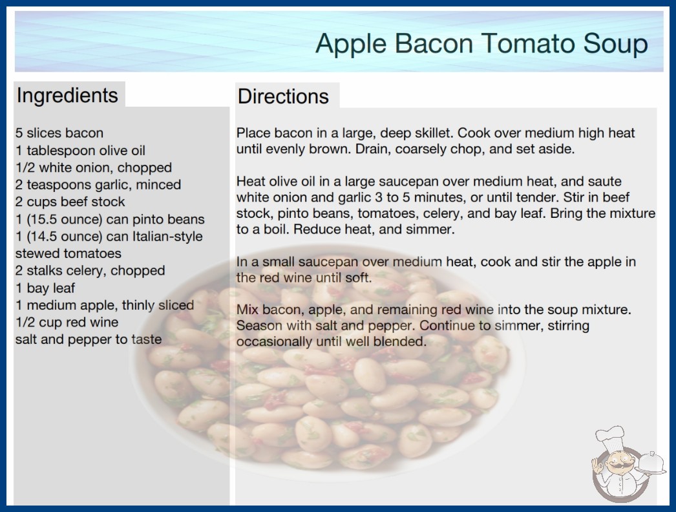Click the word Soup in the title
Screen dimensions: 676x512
pos(615,44)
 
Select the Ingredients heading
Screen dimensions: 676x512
pos(67,96)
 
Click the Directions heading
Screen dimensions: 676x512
pos(283,96)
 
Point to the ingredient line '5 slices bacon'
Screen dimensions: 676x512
pos(59,133)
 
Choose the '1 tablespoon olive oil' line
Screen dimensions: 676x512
pos(81,151)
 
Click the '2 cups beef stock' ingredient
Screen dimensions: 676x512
pos(70,202)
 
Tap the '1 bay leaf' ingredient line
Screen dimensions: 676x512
pos(45,288)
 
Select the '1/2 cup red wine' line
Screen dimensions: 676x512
pos(67,322)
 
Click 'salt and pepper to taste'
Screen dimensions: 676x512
pos(89,339)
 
